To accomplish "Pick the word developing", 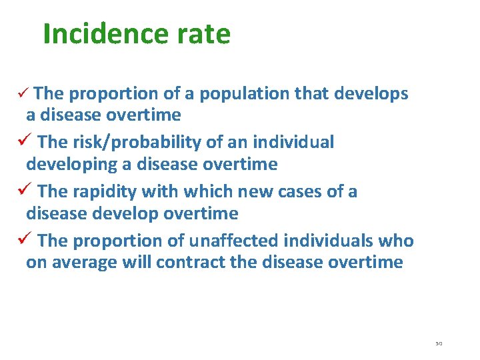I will [x=73, y=164].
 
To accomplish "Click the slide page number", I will [x=439, y=343].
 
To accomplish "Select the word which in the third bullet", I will [x=205, y=192].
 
